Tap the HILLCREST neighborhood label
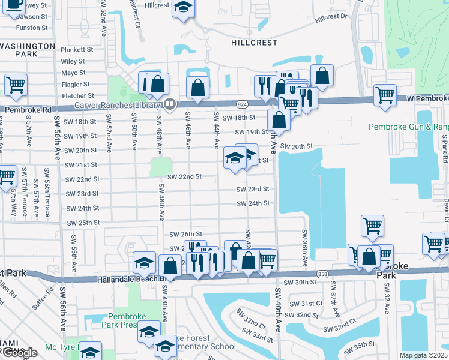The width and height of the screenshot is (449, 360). coord(254,43)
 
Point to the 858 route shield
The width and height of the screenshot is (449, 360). coord(322,273)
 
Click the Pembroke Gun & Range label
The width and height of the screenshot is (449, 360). coord(408,127)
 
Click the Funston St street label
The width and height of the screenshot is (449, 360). coord(32,28)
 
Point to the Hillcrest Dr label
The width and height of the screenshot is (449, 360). coord(331,17)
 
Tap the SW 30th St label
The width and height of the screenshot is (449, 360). coord(300,282)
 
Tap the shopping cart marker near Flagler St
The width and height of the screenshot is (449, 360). coord(16,85)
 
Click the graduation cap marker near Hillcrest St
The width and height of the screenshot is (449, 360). coord(183,8)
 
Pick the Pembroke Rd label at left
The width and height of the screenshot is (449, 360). coord(22,110)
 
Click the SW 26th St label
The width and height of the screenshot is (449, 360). coord(185,235)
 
